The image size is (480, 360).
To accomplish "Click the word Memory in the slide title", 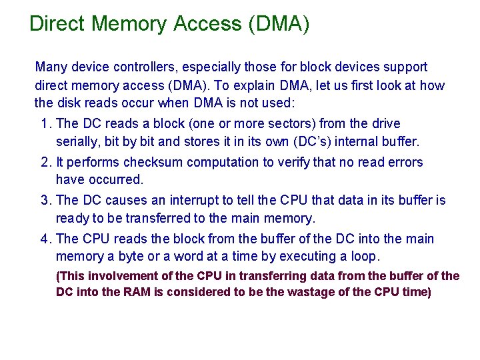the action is (129, 24).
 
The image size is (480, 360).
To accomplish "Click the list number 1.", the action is (45, 123).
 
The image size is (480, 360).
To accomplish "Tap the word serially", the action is (76, 141).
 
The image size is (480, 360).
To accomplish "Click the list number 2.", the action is (45, 162).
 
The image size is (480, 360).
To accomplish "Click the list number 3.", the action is (45, 200).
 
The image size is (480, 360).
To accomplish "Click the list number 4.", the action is (45, 239).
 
